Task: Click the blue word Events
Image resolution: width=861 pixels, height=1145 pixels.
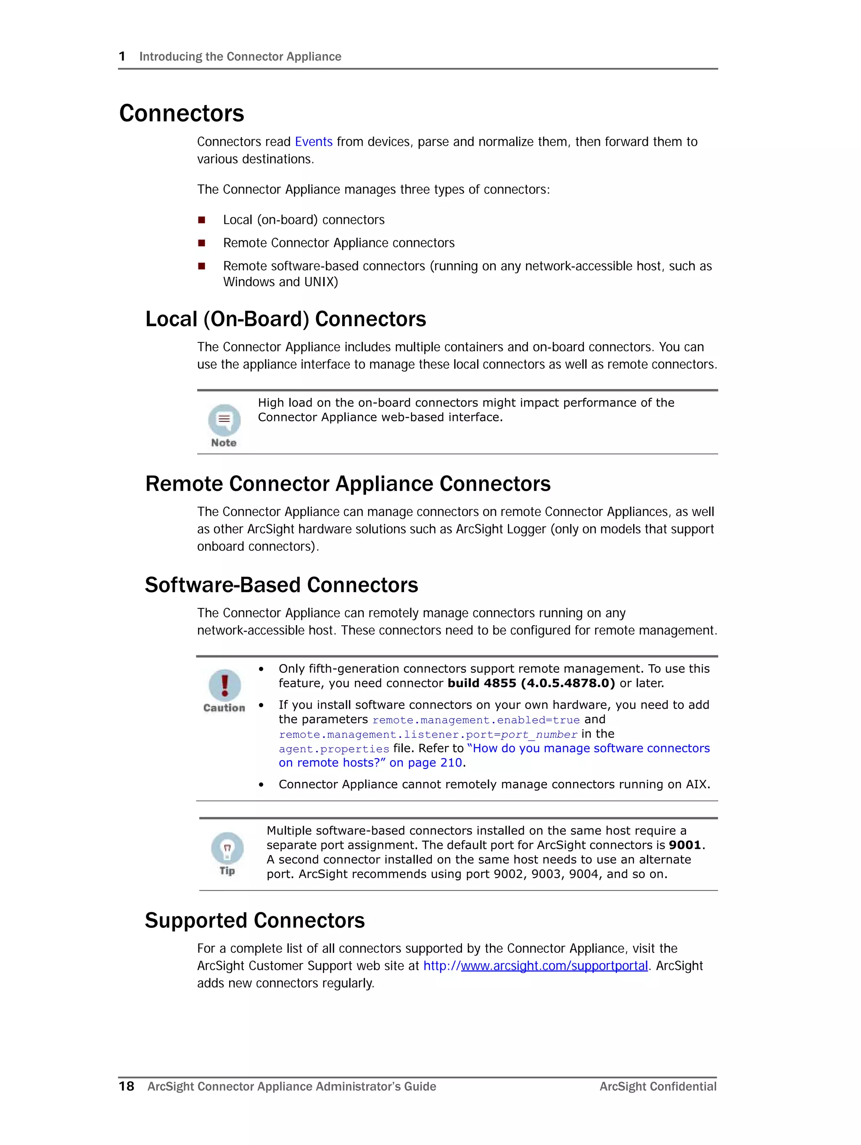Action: [314, 142]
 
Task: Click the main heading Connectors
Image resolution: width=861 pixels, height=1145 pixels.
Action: [181, 113]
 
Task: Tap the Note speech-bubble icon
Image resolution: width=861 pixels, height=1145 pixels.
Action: [224, 419]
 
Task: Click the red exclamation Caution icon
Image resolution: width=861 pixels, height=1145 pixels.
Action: [224, 685]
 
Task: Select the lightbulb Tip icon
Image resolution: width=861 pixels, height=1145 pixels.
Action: [227, 848]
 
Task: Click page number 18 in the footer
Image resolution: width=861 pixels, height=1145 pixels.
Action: [127, 1086]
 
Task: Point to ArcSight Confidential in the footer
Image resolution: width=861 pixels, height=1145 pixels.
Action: [658, 1087]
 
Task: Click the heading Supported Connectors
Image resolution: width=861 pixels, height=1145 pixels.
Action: [254, 920]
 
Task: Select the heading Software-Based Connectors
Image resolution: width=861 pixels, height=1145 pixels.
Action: [281, 585]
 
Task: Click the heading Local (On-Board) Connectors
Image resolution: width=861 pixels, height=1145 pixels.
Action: [285, 319]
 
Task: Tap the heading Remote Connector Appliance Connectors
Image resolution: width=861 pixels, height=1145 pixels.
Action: [348, 484]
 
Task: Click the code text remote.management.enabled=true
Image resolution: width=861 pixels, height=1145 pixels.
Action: [475, 720]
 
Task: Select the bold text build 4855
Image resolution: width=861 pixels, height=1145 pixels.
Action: [482, 683]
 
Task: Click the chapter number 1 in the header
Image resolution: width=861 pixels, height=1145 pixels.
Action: [122, 56]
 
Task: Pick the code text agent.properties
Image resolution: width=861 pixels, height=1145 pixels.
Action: [334, 749]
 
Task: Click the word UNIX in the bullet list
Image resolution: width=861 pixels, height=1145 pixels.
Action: [321, 282]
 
